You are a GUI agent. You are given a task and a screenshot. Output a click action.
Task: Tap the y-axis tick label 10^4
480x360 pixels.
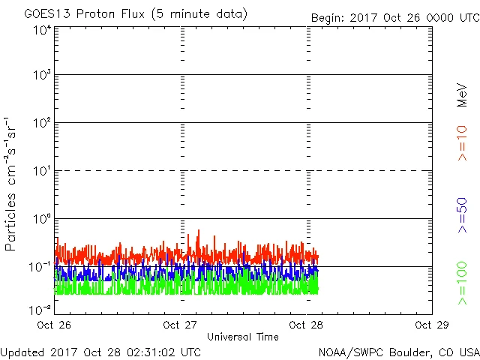pos(42,29)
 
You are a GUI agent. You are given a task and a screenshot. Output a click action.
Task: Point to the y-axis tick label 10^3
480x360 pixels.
pos(42,75)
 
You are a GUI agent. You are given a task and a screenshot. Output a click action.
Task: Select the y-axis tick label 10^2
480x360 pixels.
pos(42,123)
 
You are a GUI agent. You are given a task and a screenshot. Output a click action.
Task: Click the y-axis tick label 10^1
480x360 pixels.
pos(42,171)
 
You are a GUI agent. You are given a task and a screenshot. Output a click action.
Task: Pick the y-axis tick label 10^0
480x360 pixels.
pos(42,219)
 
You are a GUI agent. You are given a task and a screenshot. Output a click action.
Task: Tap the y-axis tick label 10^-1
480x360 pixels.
pos(40,267)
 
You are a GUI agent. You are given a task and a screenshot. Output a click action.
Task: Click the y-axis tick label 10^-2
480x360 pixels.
pos(40,309)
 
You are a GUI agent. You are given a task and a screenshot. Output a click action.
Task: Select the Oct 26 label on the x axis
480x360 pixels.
pos(55,325)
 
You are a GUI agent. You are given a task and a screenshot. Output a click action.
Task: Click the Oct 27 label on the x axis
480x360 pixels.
pos(180,325)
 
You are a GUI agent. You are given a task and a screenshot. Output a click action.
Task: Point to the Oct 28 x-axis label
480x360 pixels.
pos(306,325)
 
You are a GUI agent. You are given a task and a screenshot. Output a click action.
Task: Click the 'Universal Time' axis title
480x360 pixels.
pos(242,337)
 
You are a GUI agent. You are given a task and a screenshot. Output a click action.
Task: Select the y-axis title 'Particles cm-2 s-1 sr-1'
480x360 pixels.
pos(13,183)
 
